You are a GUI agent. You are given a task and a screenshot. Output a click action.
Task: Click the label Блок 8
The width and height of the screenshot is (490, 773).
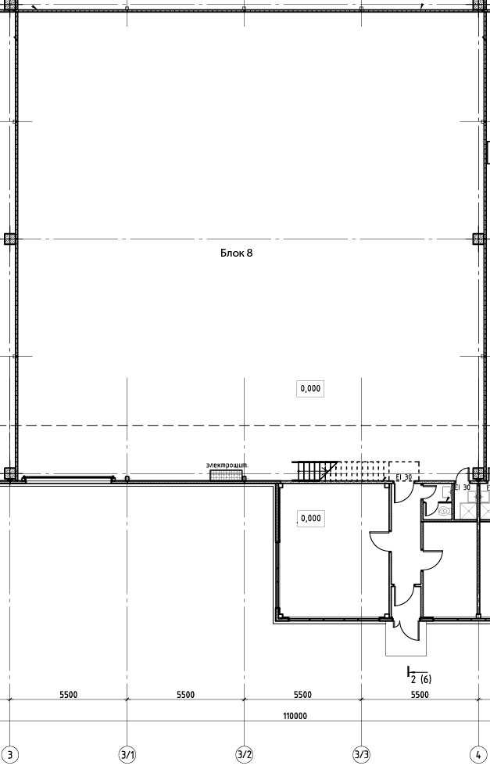point(236,253)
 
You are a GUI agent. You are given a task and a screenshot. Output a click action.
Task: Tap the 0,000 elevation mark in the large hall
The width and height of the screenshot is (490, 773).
point(310,389)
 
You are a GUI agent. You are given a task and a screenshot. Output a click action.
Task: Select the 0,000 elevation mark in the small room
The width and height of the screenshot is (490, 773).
point(310,518)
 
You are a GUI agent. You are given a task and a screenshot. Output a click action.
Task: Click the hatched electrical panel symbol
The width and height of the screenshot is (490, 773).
point(226,475)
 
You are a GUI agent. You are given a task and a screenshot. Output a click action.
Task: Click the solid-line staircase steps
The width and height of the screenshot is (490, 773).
point(309,470)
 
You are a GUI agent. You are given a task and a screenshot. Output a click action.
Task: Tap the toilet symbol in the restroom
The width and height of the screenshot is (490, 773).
point(444,511)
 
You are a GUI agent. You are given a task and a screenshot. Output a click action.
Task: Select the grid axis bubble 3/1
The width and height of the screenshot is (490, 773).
point(127,755)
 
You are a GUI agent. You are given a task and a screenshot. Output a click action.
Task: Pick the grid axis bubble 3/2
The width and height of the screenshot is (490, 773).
point(245,755)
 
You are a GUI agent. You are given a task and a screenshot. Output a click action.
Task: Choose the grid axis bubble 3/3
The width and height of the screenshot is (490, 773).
point(362,755)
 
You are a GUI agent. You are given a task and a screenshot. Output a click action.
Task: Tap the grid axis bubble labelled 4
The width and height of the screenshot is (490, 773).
point(478,755)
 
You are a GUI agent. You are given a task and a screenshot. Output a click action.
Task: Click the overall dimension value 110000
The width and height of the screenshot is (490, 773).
point(295,716)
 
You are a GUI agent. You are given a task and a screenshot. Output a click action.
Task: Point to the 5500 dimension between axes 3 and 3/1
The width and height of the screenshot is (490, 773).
point(69,695)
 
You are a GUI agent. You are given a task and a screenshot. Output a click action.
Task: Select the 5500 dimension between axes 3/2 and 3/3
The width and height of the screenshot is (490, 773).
point(303,695)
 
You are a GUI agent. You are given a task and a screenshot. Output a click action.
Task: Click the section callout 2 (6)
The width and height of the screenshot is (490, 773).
point(419,676)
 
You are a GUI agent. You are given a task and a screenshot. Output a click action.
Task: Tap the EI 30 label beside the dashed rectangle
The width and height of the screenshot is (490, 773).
point(404,477)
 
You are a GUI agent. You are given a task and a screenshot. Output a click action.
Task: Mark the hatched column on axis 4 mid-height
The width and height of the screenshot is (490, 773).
point(478,239)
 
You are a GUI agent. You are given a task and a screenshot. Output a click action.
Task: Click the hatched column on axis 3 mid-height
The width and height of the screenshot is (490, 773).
point(10,239)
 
